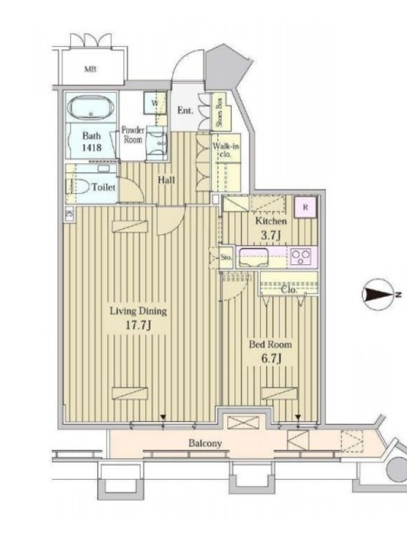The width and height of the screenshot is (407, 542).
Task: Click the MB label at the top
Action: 90,69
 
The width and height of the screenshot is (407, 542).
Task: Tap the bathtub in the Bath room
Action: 91,108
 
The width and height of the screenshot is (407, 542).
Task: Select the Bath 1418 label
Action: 92,142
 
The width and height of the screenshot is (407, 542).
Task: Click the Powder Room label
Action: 133,135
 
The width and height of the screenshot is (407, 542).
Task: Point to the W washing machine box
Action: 155,103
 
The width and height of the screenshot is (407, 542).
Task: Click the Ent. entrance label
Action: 185,110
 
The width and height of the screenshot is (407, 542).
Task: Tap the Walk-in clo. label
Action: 226,150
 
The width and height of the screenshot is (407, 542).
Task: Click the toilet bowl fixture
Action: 79,187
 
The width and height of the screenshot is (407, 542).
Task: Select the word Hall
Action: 166,180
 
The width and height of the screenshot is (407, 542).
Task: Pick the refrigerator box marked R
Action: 305,207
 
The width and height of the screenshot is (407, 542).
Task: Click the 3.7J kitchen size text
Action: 270,235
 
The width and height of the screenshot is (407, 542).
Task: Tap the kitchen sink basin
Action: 254,257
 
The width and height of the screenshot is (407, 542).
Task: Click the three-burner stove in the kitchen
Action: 301,257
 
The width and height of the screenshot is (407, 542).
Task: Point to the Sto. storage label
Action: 226,257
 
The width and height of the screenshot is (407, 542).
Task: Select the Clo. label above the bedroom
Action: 289,290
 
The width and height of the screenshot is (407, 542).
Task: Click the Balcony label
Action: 205,443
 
